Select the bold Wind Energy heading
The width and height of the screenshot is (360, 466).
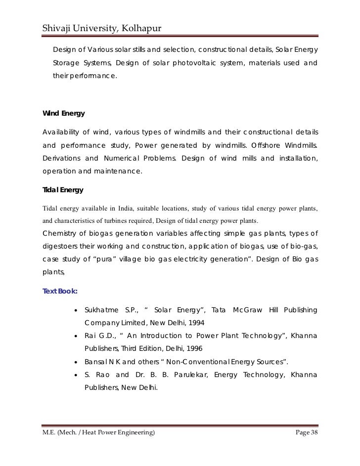pyautogui.click(x=64, y=113)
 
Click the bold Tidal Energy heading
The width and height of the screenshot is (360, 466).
pyautogui.click(x=63, y=190)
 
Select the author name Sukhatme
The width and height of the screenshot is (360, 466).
pyautogui.click(x=102, y=310)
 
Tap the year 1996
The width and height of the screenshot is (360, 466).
pyautogui.click(x=187, y=348)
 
